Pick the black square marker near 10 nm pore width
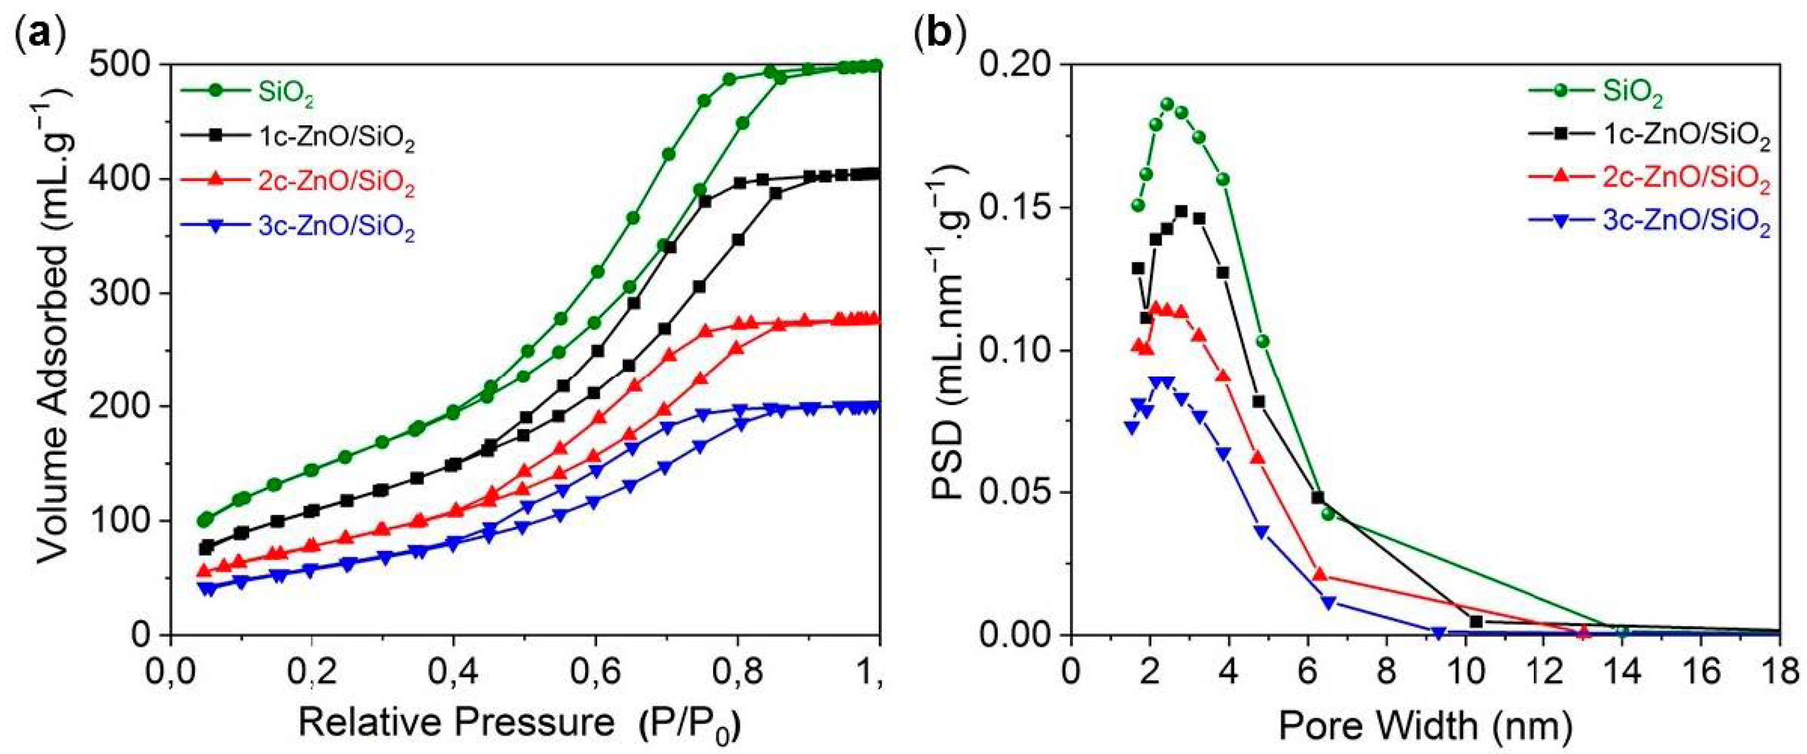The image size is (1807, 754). pos(1475,621)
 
